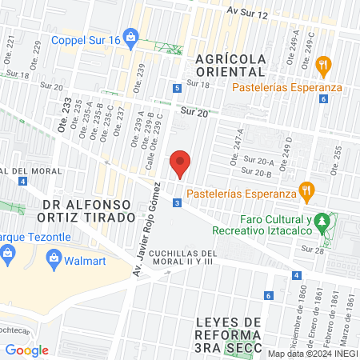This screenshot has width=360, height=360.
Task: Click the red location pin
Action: pos(181,163)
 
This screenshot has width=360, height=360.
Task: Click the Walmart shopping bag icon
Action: pos(54,258)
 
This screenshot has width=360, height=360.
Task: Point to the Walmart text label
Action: pos(89,258)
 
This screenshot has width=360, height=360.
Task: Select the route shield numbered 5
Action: pos(175,89)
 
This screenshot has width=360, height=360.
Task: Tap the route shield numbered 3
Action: pos(175,203)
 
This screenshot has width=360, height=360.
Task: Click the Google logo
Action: pos(27,350)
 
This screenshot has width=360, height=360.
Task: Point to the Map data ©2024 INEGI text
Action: pos(312,354)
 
